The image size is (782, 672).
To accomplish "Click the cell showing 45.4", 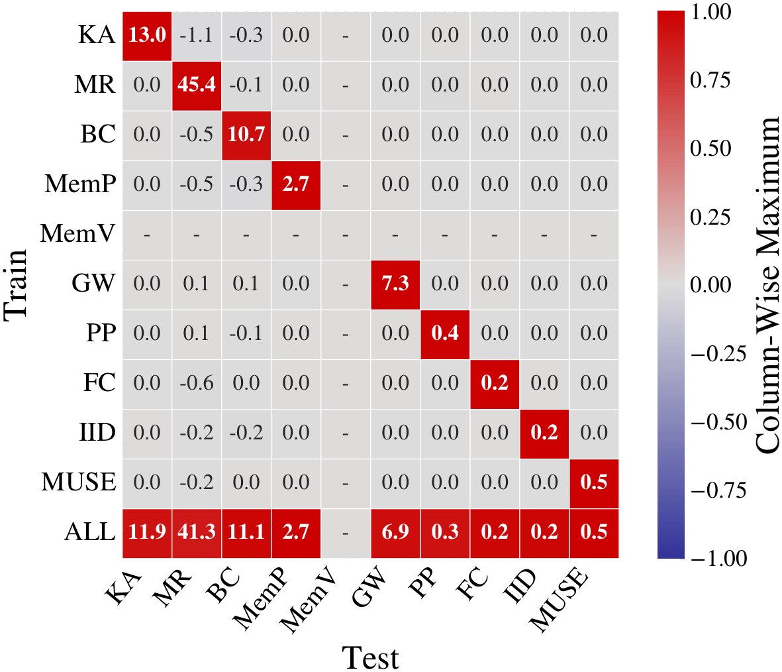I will (197, 85).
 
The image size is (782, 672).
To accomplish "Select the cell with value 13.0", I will (147, 36).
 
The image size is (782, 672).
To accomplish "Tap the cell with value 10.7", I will (246, 135).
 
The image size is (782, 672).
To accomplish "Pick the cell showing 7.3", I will (395, 284).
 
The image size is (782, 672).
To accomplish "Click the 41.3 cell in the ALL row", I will (197, 533).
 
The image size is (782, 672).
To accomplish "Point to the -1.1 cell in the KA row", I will (197, 36).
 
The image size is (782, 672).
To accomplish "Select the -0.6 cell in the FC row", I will (197, 384).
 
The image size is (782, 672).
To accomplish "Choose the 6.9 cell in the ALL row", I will (395, 533).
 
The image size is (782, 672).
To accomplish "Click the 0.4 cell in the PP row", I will (445, 334).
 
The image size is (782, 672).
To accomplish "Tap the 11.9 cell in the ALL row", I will (147, 533).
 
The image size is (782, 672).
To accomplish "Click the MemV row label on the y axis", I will (77, 234).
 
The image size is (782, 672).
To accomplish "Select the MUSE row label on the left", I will (78, 482).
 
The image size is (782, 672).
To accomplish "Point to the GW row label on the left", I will (93, 284).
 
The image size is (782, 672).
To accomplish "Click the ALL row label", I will (89, 532).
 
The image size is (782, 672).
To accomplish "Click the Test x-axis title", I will (371, 658).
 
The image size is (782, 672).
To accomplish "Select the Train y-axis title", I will (16, 284).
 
